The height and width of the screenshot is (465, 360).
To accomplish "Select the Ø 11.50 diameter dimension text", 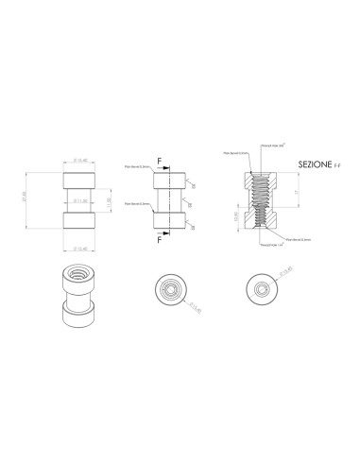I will [81, 201].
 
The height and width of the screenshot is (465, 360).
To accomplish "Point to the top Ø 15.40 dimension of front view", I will [81, 161].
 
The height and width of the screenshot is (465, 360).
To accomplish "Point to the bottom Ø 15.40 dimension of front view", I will [81, 249].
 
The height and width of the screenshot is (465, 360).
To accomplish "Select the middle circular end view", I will [170, 290].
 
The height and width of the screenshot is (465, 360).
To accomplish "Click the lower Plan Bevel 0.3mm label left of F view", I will [136, 203].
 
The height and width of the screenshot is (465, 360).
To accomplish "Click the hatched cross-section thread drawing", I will [257, 199].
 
